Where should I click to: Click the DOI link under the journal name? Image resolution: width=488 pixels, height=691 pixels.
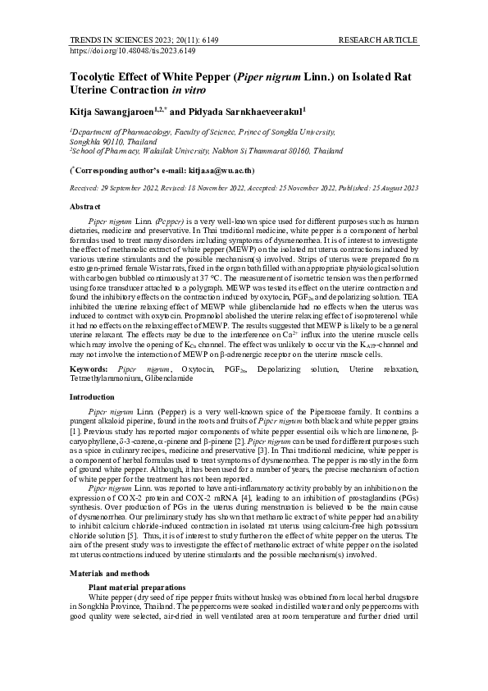pyautogui.click(x=133, y=50)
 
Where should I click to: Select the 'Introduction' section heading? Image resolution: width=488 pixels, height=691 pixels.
pyautogui.click(x=93, y=396)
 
